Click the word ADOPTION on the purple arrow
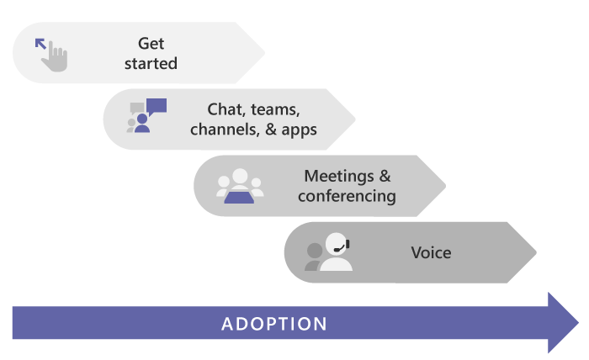click(274, 324)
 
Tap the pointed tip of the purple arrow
click(576, 323)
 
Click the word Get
click(151, 43)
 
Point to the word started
click(151, 63)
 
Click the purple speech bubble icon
click(156, 107)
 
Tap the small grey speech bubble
click(137, 109)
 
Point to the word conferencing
click(347, 197)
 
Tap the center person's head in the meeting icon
click(240, 177)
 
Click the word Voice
click(431, 252)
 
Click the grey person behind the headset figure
click(315, 256)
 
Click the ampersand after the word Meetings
click(385, 177)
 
